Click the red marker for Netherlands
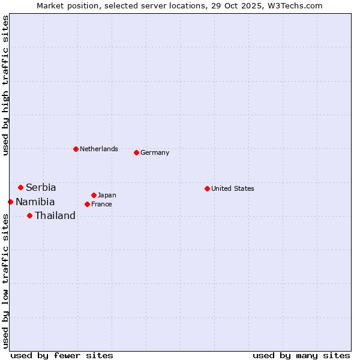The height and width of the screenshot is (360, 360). pyautogui.click(x=76, y=149)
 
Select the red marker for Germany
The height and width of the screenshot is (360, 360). pyautogui.click(x=136, y=152)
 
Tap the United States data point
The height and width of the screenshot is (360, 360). pyautogui.click(x=207, y=188)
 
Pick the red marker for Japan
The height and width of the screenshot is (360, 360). pyautogui.click(x=94, y=195)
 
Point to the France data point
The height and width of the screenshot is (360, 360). pyautogui.click(x=87, y=204)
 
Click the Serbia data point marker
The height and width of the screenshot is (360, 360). pyautogui.click(x=20, y=187)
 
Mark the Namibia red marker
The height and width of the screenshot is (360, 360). pyautogui.click(x=10, y=202)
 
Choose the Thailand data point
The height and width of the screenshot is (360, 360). pyautogui.click(x=29, y=215)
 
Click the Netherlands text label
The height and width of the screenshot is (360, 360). pyautogui.click(x=99, y=149)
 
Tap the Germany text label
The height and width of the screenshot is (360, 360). pyautogui.click(x=155, y=152)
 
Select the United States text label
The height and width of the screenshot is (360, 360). pyautogui.click(x=233, y=188)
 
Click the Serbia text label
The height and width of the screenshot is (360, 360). pyautogui.click(x=41, y=188)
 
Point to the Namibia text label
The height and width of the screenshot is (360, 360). pyautogui.click(x=35, y=202)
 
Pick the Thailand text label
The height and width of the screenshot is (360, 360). pyautogui.click(x=55, y=216)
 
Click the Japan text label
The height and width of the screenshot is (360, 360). pyautogui.click(x=107, y=195)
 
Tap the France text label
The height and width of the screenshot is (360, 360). pyautogui.click(x=101, y=204)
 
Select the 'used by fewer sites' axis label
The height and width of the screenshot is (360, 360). pyautogui.click(x=62, y=355)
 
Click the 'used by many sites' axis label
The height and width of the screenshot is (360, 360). pyautogui.click(x=301, y=355)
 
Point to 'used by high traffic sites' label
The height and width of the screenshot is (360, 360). pyautogui.click(x=6, y=86)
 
